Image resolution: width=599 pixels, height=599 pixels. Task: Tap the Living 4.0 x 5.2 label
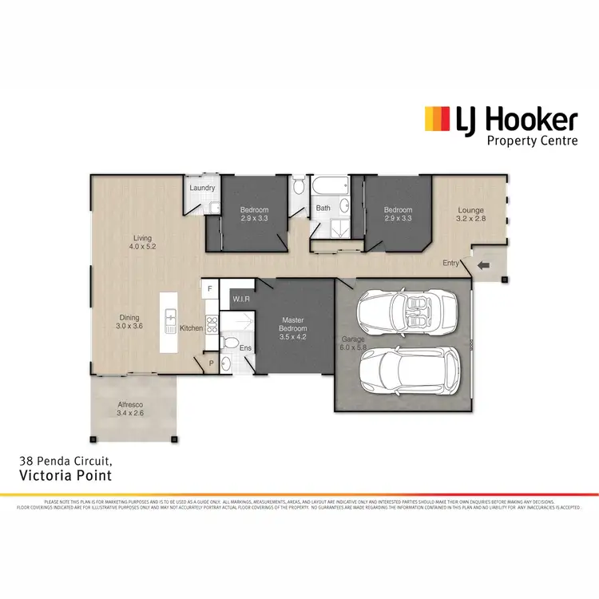pos(143,242)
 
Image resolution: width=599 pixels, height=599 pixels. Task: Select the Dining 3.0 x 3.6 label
pos(129,321)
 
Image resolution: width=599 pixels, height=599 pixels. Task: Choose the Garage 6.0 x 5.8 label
pos(351,343)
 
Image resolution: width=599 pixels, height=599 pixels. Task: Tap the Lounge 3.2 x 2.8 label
pos(471,214)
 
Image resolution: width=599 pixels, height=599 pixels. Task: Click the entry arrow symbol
pos(484,266)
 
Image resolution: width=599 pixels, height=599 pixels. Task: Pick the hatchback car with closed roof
pos(408,372)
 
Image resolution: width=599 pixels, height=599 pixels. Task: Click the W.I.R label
pos(242,299)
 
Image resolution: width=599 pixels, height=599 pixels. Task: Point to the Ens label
pos(244,348)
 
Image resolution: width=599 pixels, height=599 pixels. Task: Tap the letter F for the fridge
pos(210,288)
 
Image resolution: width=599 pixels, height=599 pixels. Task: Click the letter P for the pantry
pos(212,361)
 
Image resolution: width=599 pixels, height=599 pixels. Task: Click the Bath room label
pos(323,208)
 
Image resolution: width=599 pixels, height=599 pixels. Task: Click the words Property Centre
pos(531,141)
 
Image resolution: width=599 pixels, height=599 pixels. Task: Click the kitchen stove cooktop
pos(212,324)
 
